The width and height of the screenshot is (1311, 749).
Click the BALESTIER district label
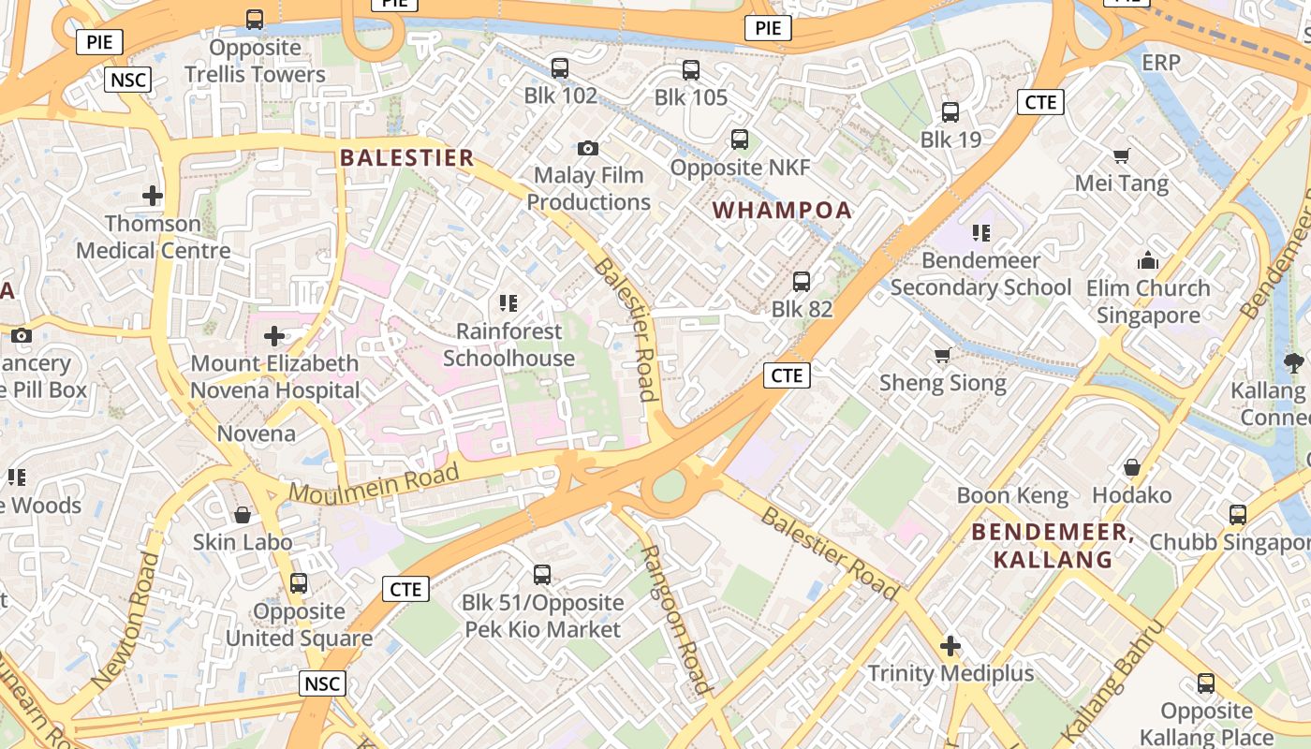coord(407,157)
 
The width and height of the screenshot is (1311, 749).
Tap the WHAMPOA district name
coord(783,210)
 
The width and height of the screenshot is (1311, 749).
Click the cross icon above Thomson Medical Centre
coord(153,196)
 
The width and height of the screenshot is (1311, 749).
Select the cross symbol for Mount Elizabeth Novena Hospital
coord(274,335)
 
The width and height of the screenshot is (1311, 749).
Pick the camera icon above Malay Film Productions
coord(588,148)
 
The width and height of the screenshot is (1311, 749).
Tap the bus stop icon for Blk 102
coord(560,67)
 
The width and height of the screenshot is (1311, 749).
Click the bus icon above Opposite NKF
coord(740,140)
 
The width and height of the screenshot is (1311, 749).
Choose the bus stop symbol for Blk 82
coord(802,281)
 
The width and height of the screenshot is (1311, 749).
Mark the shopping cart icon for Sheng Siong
coord(943,355)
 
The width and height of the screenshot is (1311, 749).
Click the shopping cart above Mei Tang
coord(1121,155)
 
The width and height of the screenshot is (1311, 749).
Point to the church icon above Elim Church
coord(1148,260)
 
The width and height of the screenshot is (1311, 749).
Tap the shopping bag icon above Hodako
coord(1132,466)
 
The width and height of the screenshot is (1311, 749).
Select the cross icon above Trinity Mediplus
coord(950,646)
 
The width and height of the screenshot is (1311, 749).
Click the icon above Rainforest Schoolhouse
coord(508,303)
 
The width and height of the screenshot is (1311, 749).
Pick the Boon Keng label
coord(1012,495)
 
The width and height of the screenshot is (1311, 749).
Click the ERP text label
coord(1161,63)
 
